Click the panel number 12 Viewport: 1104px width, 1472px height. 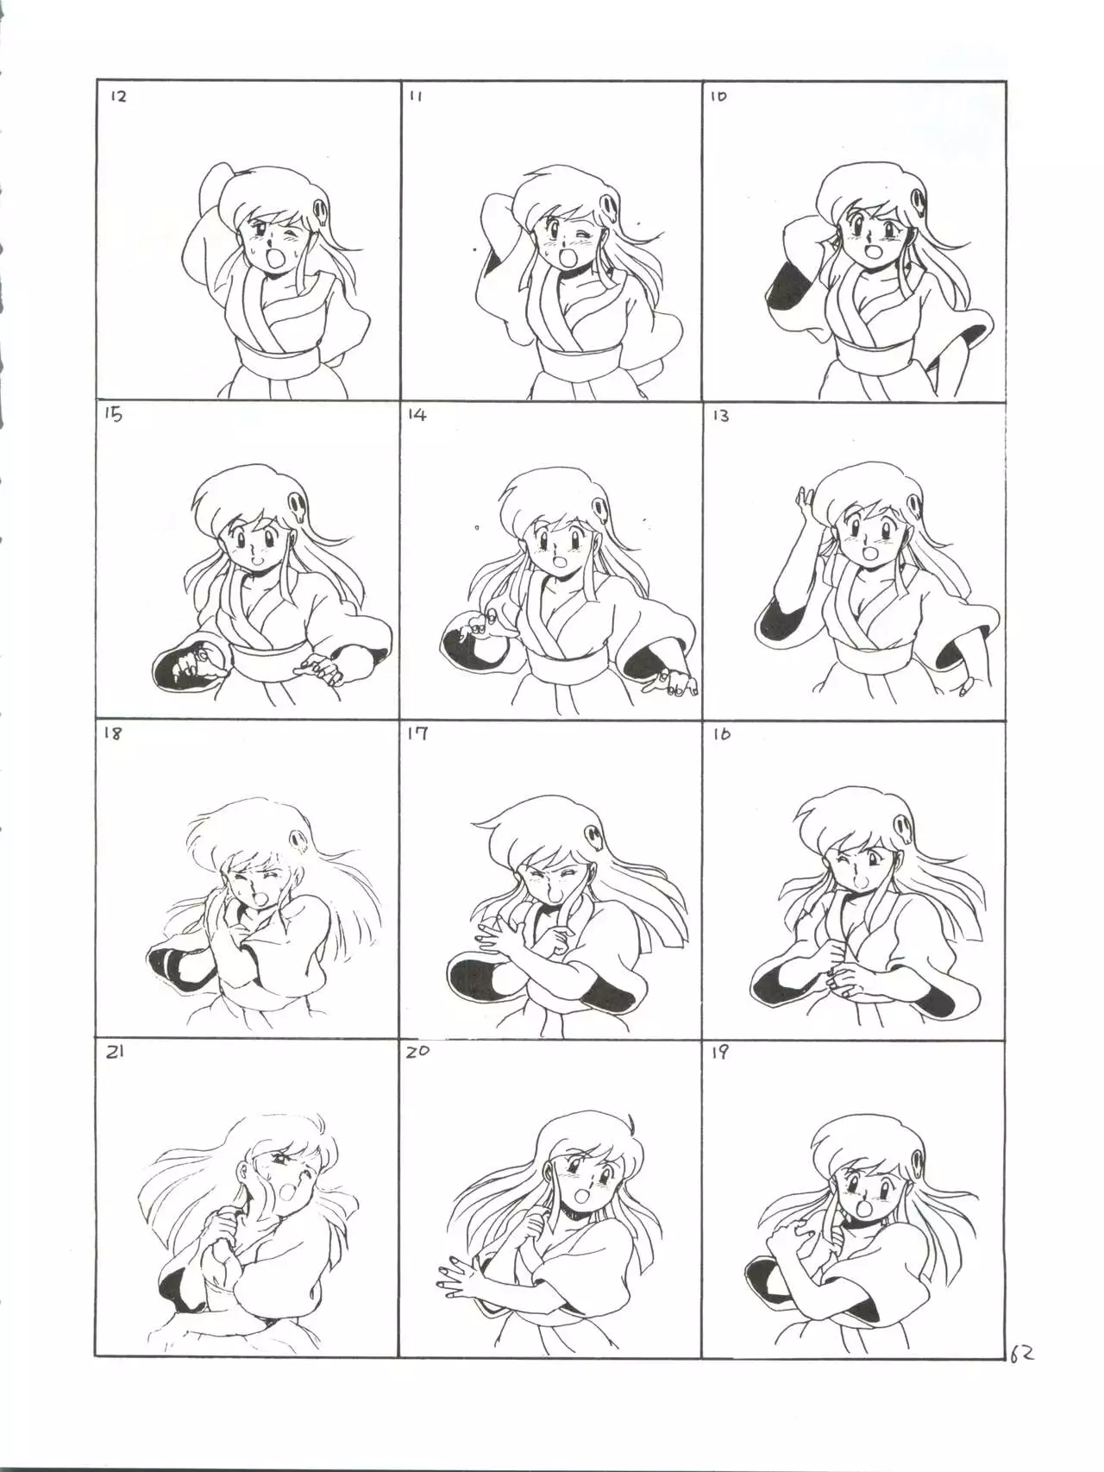point(119,97)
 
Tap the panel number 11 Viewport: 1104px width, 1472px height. point(416,97)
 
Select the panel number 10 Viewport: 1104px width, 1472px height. point(718,97)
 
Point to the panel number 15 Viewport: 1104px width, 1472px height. point(114,415)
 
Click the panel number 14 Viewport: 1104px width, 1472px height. point(417,415)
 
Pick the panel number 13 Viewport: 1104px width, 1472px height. point(720,416)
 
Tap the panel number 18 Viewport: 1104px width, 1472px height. point(113,733)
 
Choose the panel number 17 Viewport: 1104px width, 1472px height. point(417,733)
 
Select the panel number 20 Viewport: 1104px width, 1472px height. point(418,1053)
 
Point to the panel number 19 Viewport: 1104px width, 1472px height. point(721,1052)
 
